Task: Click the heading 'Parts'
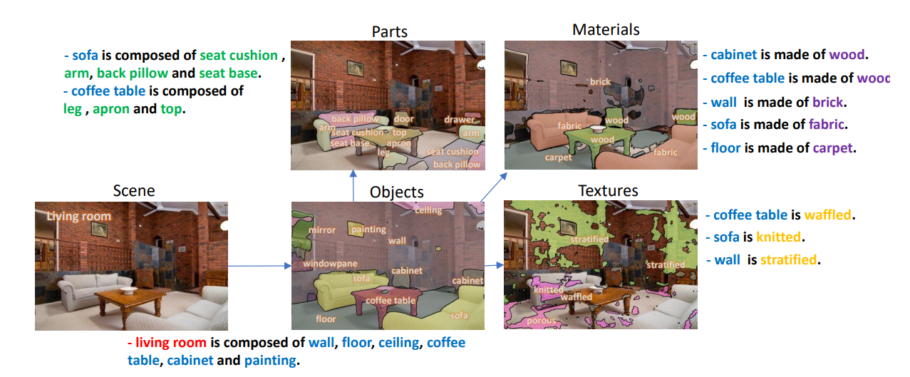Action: [x=390, y=31]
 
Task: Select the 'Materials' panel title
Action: [x=606, y=30]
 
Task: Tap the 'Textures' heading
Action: [x=608, y=191]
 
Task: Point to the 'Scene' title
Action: [x=133, y=190]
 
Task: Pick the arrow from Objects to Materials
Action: [x=492, y=188]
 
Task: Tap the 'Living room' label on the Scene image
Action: [x=79, y=216]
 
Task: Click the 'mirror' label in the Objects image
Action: [x=322, y=230]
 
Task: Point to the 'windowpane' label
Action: [x=330, y=264]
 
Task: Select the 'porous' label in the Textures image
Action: [x=541, y=321]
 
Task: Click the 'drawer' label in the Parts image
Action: [x=459, y=120]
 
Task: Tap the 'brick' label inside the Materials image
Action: [x=600, y=81]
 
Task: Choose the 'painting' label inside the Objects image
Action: [x=368, y=229]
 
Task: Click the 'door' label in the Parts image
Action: [x=403, y=119]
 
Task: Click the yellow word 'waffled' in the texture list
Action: [x=829, y=215]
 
